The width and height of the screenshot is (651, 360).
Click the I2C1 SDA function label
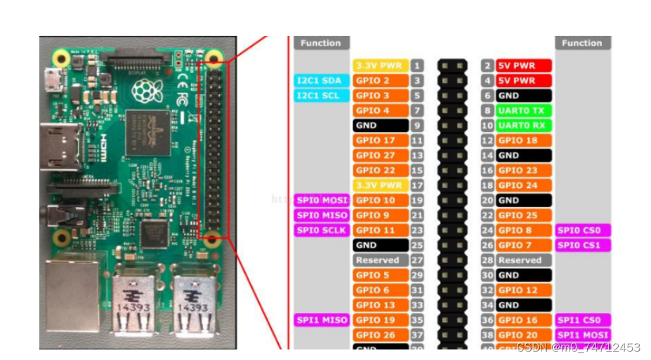pos(322,81)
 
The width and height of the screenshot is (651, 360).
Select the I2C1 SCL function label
pos(322,95)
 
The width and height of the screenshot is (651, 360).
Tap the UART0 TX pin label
pos(523,110)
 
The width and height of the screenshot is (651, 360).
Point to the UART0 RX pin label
pos(523,126)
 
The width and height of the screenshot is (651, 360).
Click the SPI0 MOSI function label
pos(322,201)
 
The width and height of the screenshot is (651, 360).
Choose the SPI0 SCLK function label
pos(322,230)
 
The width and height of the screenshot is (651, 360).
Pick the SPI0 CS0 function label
pos(582,230)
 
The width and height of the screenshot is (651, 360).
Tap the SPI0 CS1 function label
pos(582,246)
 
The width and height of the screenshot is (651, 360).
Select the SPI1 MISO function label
pos(322,320)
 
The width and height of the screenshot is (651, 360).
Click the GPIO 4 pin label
pos(380,110)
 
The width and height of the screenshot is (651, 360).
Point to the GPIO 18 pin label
pos(523,140)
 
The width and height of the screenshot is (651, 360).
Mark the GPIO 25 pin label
pos(523,215)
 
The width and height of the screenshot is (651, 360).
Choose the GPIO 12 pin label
pos(523,291)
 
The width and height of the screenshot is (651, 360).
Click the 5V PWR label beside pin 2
pos(523,65)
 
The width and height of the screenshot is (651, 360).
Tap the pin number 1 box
pos(417,65)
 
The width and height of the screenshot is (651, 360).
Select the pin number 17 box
pos(417,186)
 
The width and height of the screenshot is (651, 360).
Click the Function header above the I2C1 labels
pos(321,43)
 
